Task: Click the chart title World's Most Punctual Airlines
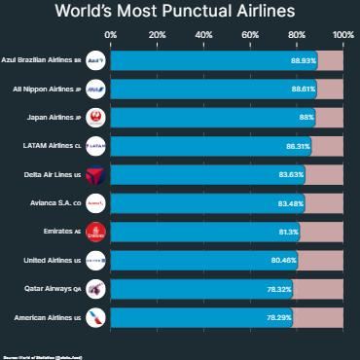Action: pos(180,14)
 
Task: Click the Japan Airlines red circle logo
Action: pos(95,118)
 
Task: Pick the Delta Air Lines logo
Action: pos(95,175)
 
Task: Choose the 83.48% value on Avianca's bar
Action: pos(291,204)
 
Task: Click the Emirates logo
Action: pos(95,233)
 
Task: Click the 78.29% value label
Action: pos(279,318)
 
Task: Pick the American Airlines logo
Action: pos(95,318)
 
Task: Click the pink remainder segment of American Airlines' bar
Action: pos(318,318)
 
